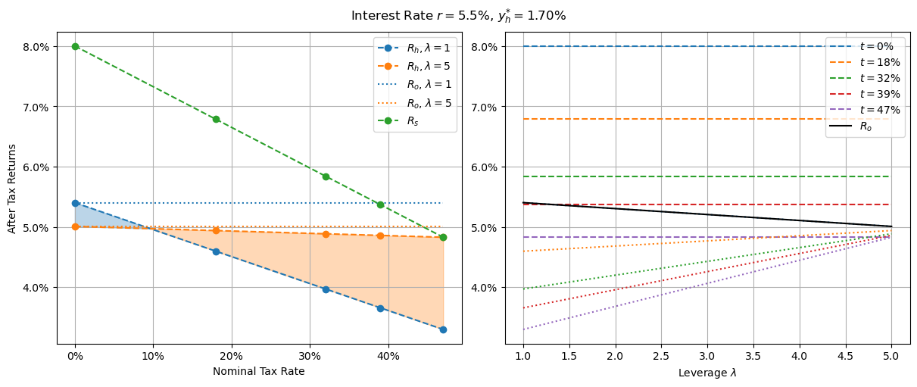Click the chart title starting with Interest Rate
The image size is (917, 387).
(458, 15)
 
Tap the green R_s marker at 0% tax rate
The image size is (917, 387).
(75, 46)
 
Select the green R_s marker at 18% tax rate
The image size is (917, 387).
(216, 119)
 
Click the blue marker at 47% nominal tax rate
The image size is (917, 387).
(443, 329)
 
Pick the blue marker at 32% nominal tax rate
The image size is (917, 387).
(326, 289)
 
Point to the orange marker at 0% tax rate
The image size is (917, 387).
(75, 226)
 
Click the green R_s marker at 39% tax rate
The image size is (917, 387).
(380, 204)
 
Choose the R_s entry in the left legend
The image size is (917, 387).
(415, 120)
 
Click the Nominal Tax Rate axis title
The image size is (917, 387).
(258, 371)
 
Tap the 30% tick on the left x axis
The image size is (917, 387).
(310, 356)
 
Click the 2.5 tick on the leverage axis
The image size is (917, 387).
(661, 356)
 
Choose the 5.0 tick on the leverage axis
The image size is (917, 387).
(891, 356)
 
